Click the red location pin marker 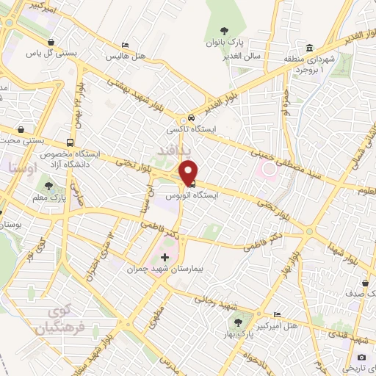[x=189, y=171]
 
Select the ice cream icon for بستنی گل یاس [x=51, y=42]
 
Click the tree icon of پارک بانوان [x=223, y=30]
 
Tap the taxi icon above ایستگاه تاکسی [x=190, y=117]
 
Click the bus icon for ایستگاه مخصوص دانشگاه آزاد [x=70, y=143]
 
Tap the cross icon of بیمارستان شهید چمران [x=164, y=258]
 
